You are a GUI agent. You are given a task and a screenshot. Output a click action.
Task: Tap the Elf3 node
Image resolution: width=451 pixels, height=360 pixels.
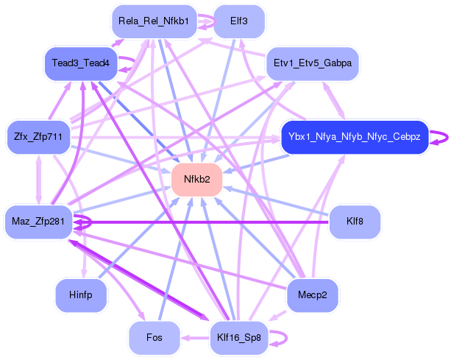[238, 21]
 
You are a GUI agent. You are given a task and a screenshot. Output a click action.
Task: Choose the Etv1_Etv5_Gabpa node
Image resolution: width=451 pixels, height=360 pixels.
[312, 63]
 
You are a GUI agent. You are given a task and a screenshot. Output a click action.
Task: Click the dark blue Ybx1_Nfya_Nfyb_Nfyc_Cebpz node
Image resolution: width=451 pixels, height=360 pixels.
[354, 137]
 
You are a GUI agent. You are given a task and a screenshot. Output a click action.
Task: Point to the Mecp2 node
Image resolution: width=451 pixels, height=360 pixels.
[312, 295]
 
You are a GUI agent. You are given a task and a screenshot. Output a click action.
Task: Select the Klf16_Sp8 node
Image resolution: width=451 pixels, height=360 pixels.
[238, 338]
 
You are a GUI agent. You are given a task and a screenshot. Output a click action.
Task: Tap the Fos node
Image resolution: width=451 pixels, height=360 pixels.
[154, 338]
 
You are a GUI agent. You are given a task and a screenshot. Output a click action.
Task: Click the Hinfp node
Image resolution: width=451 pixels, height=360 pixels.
[81, 295]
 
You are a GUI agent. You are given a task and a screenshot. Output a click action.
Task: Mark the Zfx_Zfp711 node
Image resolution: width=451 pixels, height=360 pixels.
[38, 137]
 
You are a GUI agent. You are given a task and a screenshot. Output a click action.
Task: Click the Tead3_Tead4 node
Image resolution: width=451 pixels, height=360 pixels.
[81, 63]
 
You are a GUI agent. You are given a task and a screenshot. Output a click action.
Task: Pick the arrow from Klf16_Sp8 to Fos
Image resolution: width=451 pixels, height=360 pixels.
[196, 338]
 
